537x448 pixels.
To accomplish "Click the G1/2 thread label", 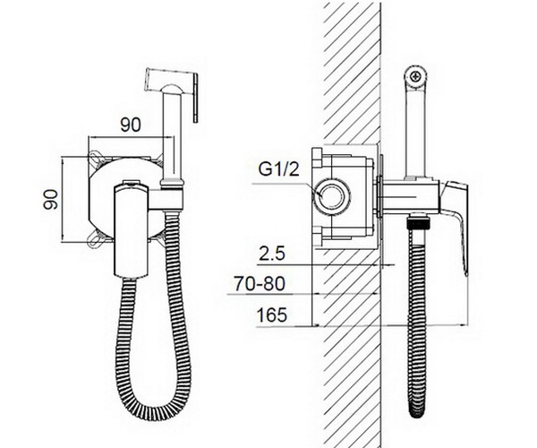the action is pyautogui.click(x=278, y=169).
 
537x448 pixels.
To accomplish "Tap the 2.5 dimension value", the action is pyautogui.click(x=272, y=254).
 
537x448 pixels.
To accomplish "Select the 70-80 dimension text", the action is pyautogui.click(x=260, y=284).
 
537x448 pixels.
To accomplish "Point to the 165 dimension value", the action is pyautogui.click(x=271, y=315).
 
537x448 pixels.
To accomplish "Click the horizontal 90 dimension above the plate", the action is pyautogui.click(x=131, y=125).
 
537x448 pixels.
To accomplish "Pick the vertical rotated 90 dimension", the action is pyautogui.click(x=50, y=199).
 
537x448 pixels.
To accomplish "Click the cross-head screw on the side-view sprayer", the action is pyautogui.click(x=416, y=76).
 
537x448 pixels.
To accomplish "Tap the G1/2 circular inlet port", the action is pyautogui.click(x=331, y=196).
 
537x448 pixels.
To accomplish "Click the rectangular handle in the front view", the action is pyautogui.click(x=131, y=229).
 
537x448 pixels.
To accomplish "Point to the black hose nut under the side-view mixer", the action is pyautogui.click(x=417, y=223).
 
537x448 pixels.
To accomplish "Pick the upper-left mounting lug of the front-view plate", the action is pyautogui.click(x=97, y=156).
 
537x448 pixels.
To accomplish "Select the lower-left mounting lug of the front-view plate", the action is pyautogui.click(x=96, y=240).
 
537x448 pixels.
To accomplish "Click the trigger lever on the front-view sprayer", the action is pyautogui.click(x=195, y=98).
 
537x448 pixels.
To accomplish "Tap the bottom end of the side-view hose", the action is pyautogui.click(x=417, y=410).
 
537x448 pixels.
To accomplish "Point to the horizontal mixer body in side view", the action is pyautogui.click(x=410, y=197).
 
